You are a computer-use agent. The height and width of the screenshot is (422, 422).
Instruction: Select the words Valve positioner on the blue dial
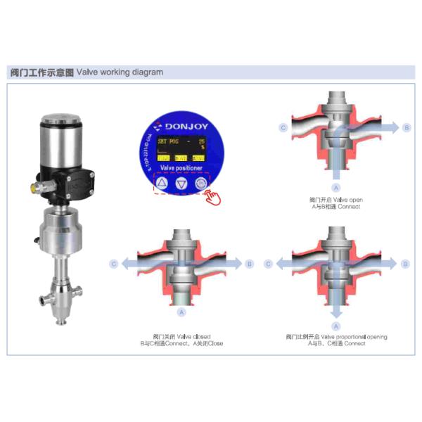tap(181, 168)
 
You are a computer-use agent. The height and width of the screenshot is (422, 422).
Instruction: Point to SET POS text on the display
tap(169, 141)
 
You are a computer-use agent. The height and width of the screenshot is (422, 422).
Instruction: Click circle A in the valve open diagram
tap(335, 188)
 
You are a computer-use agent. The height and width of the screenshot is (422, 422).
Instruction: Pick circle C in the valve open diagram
tap(283, 127)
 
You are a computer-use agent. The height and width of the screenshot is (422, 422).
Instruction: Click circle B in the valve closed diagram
tap(249, 264)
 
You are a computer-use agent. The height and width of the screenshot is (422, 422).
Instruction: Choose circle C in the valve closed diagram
tap(114, 264)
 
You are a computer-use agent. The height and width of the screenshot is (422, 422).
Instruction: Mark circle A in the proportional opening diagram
tap(335, 326)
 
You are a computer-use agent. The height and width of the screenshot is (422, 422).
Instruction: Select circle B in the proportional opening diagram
tap(404, 264)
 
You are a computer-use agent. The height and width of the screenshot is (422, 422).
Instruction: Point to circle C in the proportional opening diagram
tap(267, 264)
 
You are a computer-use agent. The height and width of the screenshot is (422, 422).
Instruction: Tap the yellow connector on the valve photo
tap(32, 188)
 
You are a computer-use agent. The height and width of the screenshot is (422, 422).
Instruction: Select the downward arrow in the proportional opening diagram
tap(335, 309)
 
